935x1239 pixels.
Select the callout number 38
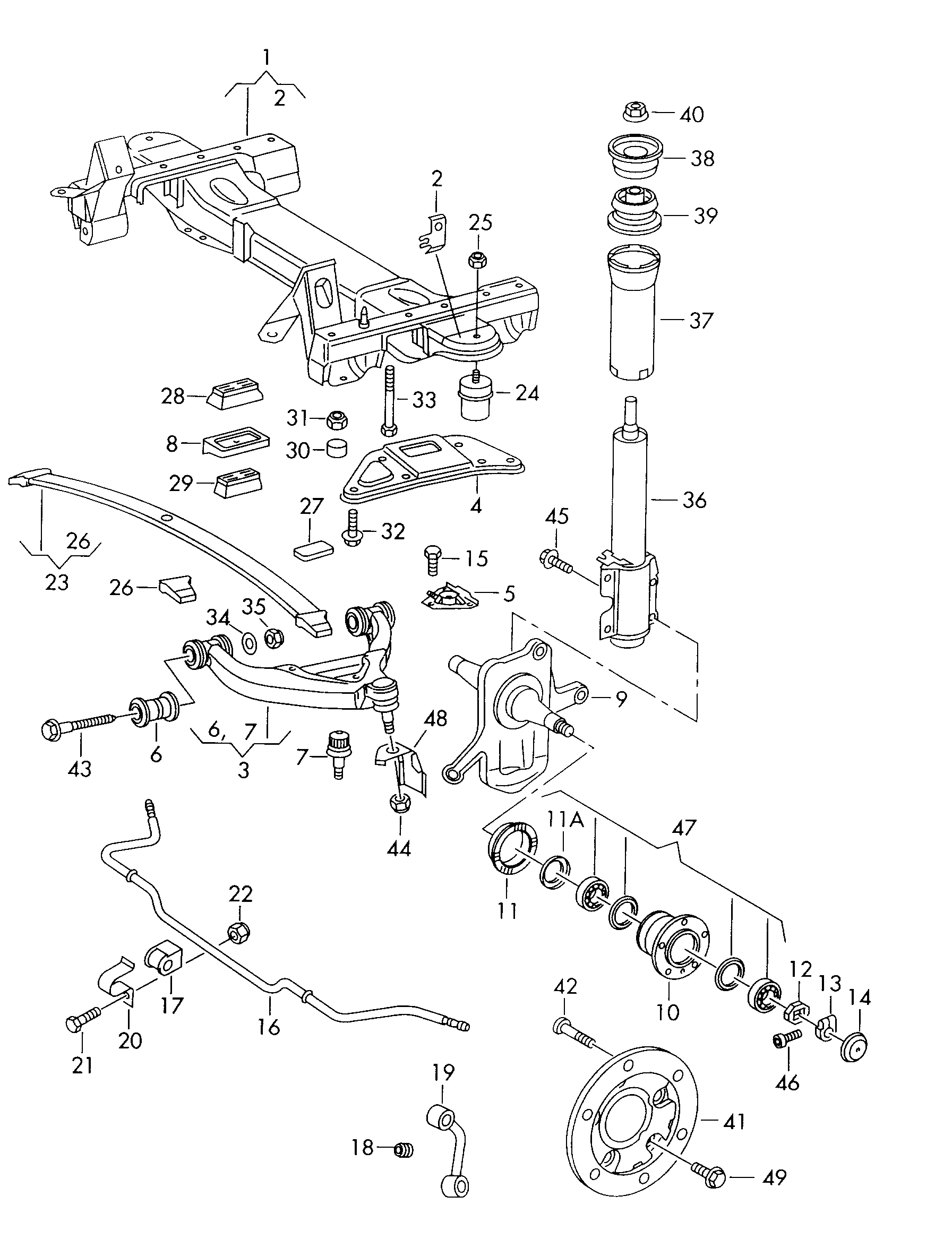pos(702,159)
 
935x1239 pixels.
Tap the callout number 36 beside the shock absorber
pos(694,500)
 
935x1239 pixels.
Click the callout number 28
pos(173,397)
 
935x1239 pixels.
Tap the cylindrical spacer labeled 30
pos(337,448)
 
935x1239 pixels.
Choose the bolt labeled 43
pos(73,728)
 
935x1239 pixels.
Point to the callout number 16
pos(269,1027)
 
